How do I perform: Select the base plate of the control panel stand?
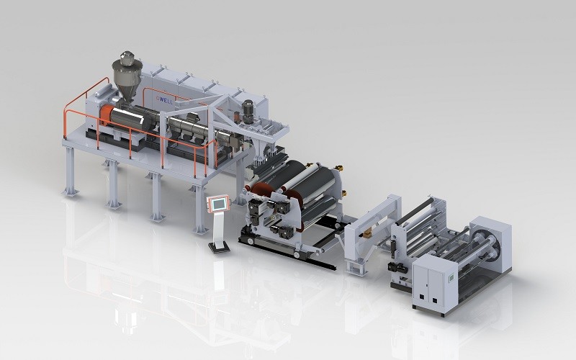[x=217, y=248]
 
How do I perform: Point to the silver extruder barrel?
[x=187, y=128]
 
